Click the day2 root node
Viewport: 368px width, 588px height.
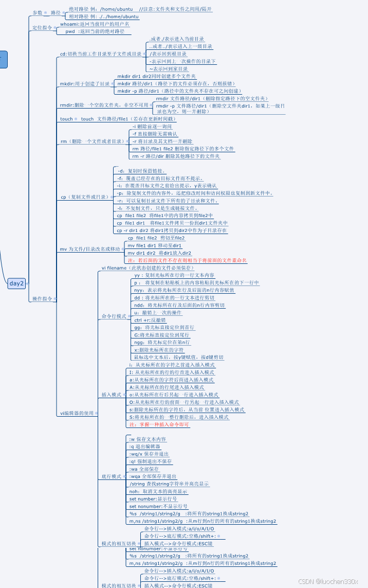pos(16,283)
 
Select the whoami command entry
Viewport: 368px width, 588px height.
pos(94,24)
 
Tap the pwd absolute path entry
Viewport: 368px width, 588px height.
pos(95,31)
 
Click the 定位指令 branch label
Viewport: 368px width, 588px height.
pos(42,27)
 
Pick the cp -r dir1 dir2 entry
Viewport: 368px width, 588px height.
pos(171,230)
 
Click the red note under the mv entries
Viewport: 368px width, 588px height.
pos(187,260)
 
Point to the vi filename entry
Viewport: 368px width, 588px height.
pos(148,268)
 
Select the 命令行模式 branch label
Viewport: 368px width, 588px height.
pos(114,316)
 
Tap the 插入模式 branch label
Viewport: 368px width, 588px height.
pos(111,395)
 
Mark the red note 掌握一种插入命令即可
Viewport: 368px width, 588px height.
pos(159,424)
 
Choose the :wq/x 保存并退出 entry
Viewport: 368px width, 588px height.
pos(149,454)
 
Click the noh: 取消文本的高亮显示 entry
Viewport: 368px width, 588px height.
pos(158,491)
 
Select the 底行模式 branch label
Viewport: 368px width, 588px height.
pos(111,476)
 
